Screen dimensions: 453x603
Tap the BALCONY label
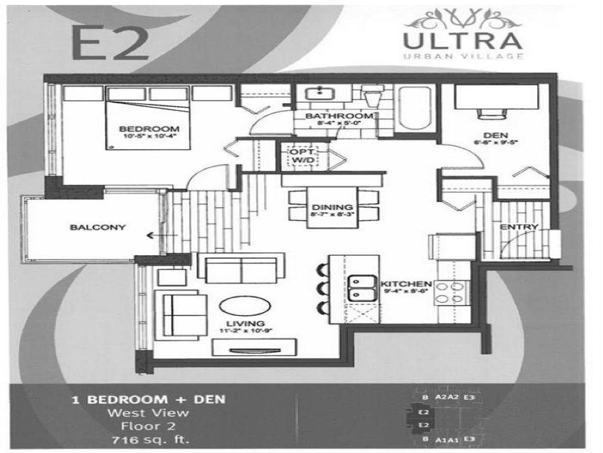pyautogui.click(x=89, y=227)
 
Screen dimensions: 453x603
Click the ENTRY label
pyautogui.click(x=519, y=227)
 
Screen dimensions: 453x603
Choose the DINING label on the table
pyautogui.click(x=332, y=207)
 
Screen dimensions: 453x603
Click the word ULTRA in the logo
pyautogui.click(x=462, y=41)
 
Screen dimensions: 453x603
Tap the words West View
pyautogui.click(x=147, y=413)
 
